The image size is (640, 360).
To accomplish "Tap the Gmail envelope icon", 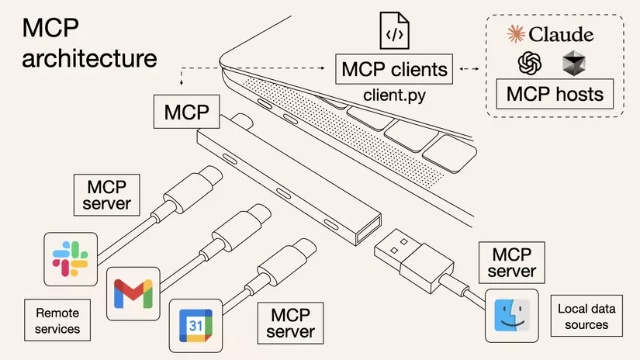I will point(133,293).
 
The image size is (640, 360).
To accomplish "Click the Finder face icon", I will point(511,315).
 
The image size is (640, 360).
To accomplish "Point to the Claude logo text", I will point(550,34).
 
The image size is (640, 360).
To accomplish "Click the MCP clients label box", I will point(395,70).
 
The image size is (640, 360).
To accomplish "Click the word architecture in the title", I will point(89,59).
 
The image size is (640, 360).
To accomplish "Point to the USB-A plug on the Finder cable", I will point(403,254).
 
